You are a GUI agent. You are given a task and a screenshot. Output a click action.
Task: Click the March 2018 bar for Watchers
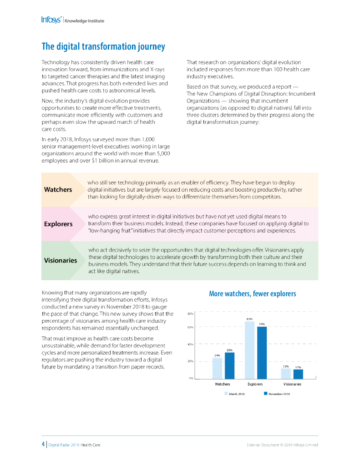[x=218, y=368]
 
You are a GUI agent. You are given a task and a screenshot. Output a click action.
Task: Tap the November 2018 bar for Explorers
[x=262, y=352]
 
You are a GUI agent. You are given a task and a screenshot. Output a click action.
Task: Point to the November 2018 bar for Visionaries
[x=298, y=374]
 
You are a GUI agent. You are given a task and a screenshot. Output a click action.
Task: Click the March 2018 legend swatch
[x=225, y=394]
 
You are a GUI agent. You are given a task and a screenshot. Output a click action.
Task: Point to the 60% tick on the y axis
[x=191, y=327]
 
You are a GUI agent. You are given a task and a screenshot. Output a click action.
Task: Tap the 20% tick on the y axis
[x=191, y=361]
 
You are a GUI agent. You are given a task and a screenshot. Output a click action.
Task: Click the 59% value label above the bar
[x=262, y=324]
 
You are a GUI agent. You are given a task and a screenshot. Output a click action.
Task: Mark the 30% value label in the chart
[x=230, y=349]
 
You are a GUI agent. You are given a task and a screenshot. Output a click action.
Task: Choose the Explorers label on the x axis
[x=255, y=384]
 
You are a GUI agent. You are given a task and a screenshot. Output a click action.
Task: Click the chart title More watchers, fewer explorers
[x=253, y=294]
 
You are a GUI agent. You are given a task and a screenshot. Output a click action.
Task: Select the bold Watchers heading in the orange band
[x=58, y=189]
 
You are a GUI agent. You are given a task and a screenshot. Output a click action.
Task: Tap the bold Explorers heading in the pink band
[x=58, y=224]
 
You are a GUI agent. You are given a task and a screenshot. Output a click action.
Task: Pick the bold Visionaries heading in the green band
[x=61, y=260]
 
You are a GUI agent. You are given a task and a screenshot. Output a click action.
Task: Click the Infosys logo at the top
[x=51, y=20]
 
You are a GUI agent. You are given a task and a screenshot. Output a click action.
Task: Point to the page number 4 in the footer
[x=43, y=444]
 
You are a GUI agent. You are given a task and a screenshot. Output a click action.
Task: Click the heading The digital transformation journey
[x=103, y=46]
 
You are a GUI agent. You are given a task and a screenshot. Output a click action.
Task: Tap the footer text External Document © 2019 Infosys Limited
[x=282, y=445]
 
